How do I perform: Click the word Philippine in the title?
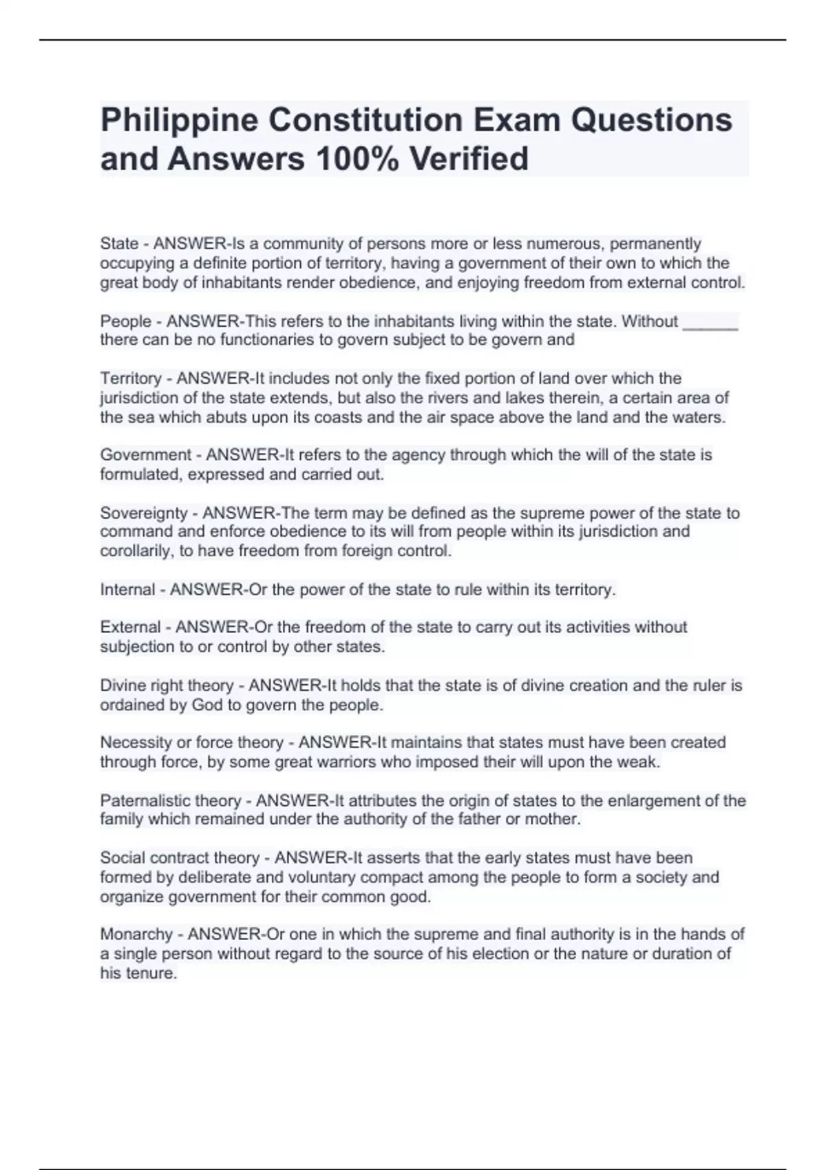tap(178, 120)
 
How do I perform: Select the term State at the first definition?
tap(119, 244)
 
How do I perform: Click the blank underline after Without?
tap(710, 322)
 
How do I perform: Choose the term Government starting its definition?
tap(146, 455)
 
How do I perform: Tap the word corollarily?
tap(136, 551)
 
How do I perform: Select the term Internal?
tap(127, 590)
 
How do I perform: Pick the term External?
tap(130, 628)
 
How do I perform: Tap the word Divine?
tap(122, 686)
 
